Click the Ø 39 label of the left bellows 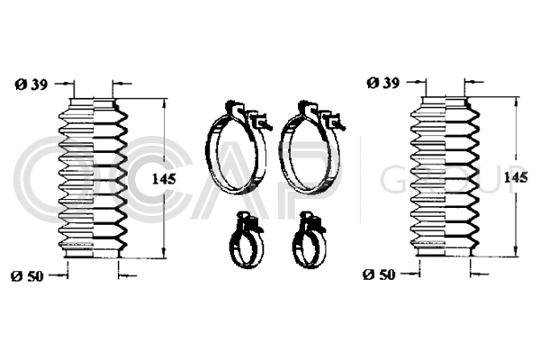(x=31, y=84)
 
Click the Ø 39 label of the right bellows (x=383, y=83)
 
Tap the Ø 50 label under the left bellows (x=28, y=276)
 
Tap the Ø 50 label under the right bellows (x=380, y=274)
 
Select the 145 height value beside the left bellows (x=164, y=179)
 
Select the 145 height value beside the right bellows (x=516, y=177)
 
